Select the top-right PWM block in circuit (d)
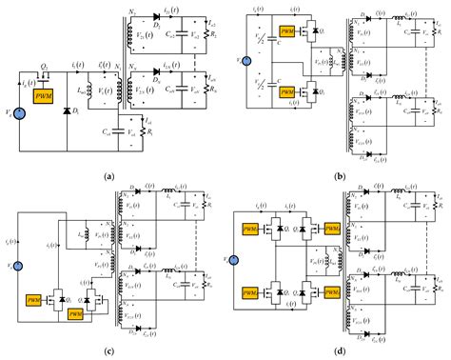[332, 230]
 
